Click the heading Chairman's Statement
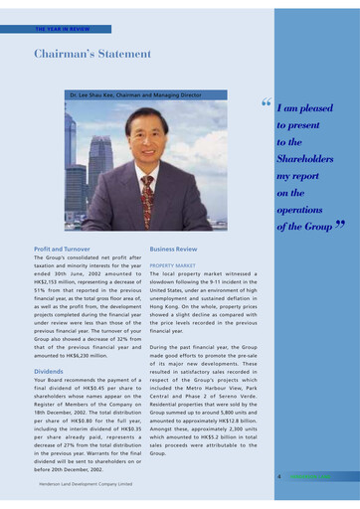point(92,54)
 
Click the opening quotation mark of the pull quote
point(266,102)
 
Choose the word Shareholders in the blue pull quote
point(304,159)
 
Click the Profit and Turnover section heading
point(63,248)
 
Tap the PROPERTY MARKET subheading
point(176,266)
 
